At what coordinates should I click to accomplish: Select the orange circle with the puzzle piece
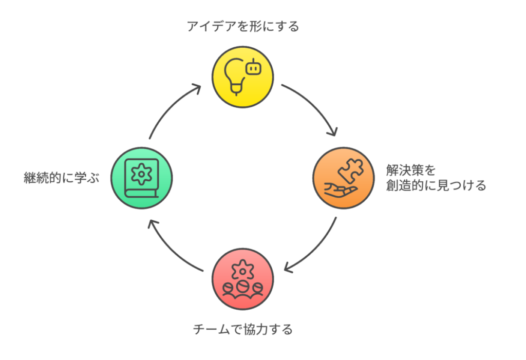(343, 178)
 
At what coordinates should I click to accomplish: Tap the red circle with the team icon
(242, 279)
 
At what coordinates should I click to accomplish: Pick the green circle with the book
(142, 178)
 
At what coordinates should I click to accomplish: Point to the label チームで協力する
(242, 329)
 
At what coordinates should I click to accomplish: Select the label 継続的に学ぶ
(61, 179)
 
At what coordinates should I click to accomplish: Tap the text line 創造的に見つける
(436, 185)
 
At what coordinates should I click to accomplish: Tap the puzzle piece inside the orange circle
(350, 169)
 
